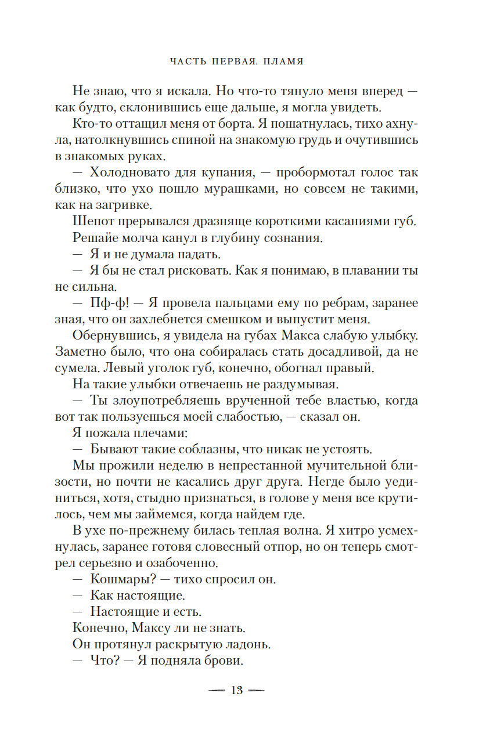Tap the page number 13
pos(236,690)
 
